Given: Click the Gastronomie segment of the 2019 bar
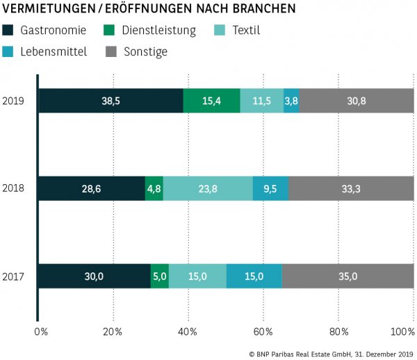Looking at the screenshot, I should pyautogui.click(x=111, y=101).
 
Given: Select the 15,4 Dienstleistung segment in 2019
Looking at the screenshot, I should pyautogui.click(x=211, y=101).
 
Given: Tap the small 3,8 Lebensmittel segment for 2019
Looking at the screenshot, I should pyautogui.click(x=291, y=101).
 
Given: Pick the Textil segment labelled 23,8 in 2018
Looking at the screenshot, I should pyautogui.click(x=207, y=188).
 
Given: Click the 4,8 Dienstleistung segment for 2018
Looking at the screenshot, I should pyautogui.click(x=154, y=188).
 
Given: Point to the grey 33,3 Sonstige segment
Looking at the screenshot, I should pyautogui.click(x=351, y=188).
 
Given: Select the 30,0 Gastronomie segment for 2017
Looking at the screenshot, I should pyautogui.click(x=94, y=276).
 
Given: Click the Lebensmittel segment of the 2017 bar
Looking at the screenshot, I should pyautogui.click(x=254, y=276).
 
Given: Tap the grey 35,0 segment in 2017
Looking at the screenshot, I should pyautogui.click(x=347, y=276).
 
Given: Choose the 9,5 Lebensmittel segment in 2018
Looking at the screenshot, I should pyautogui.click(x=270, y=188).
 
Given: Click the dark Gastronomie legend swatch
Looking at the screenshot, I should pyautogui.click(x=8, y=31).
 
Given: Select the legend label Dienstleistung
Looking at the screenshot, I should pyautogui.click(x=158, y=31).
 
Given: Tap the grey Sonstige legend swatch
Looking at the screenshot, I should pyautogui.click(x=111, y=51).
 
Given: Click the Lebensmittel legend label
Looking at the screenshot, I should pyautogui.click(x=54, y=51).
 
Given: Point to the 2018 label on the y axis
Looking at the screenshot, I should pyautogui.click(x=13, y=188).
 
